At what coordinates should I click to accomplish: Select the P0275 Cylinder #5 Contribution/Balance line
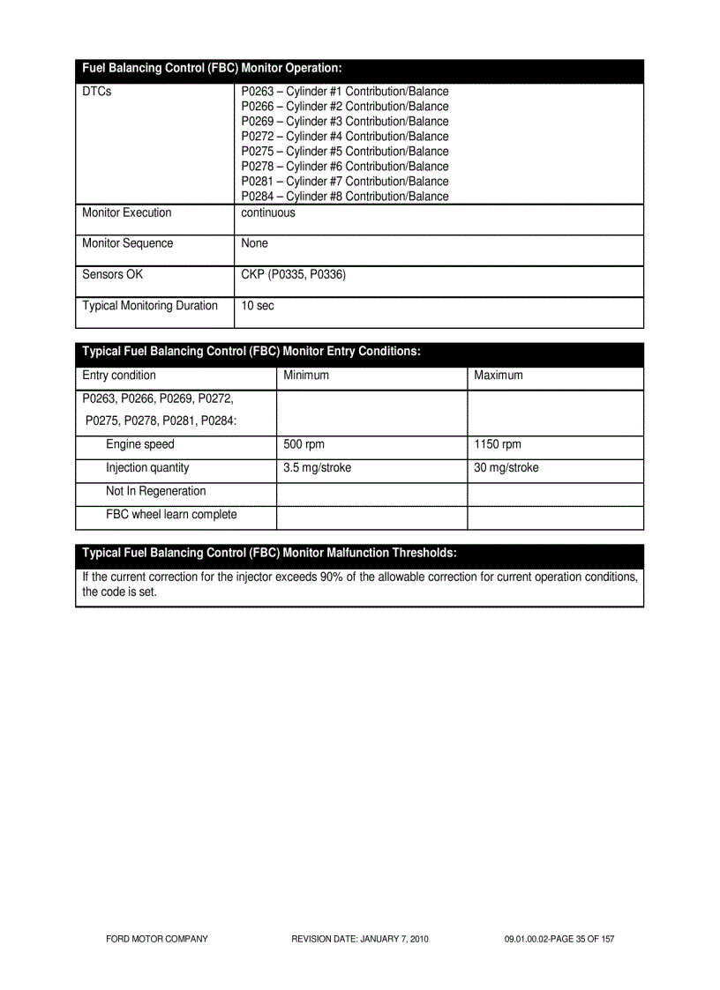pos(344,152)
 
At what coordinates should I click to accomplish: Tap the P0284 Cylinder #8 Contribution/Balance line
pos(344,197)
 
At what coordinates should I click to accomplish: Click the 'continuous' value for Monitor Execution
pos(268,213)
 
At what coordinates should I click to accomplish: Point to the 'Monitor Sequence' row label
pos(127,243)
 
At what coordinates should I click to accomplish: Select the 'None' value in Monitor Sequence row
pos(254,243)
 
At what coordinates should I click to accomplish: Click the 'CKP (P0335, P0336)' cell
pos(293,275)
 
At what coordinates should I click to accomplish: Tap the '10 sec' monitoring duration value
pos(258,306)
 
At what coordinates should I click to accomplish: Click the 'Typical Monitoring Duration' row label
pos(149,306)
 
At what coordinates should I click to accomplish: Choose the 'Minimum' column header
pos(305,376)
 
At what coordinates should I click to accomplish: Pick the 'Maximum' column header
pos(498,376)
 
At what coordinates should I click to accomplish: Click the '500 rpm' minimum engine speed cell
pos(304,445)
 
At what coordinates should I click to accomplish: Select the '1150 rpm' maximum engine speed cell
pos(498,445)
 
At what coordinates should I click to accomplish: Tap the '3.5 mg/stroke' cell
pos(317,468)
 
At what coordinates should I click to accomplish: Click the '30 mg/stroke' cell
pos(506,468)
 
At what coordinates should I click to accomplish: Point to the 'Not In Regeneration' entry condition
pos(155,492)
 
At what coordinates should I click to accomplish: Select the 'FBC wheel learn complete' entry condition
pos(171,515)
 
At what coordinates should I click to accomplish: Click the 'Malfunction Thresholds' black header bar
pos(359,554)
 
